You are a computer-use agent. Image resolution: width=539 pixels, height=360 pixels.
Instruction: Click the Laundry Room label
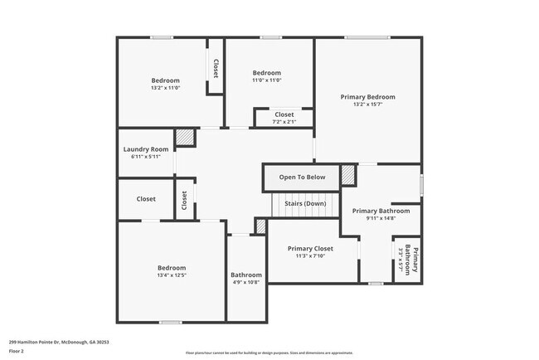145,149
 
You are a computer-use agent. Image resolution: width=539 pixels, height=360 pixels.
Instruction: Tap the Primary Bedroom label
368,97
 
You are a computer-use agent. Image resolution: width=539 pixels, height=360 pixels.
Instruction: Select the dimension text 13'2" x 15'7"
368,105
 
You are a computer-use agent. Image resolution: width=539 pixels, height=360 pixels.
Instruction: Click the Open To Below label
302,178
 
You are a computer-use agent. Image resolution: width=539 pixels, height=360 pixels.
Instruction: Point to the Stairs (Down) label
304,203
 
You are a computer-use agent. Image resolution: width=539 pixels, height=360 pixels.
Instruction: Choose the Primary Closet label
310,249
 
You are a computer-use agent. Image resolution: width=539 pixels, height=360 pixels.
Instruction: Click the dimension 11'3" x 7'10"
310,257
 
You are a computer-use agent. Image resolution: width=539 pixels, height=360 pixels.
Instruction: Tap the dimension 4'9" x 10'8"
246,283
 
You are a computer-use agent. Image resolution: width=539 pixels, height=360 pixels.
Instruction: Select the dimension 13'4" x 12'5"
172,275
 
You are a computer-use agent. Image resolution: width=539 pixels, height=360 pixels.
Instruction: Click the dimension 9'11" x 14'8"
381,219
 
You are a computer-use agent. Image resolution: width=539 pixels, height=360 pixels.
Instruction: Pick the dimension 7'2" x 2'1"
284,123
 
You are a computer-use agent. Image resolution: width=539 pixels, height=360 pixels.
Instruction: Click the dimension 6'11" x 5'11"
145,157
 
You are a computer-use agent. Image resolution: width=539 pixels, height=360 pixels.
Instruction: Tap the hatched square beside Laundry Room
184,137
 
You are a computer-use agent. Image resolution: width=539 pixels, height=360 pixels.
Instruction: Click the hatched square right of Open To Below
347,176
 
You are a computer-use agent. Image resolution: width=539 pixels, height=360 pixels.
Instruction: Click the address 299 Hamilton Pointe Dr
59,342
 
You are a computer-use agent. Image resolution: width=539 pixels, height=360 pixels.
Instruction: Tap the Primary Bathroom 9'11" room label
381,211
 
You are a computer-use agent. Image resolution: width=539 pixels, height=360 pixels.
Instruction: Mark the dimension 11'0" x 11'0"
267,80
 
